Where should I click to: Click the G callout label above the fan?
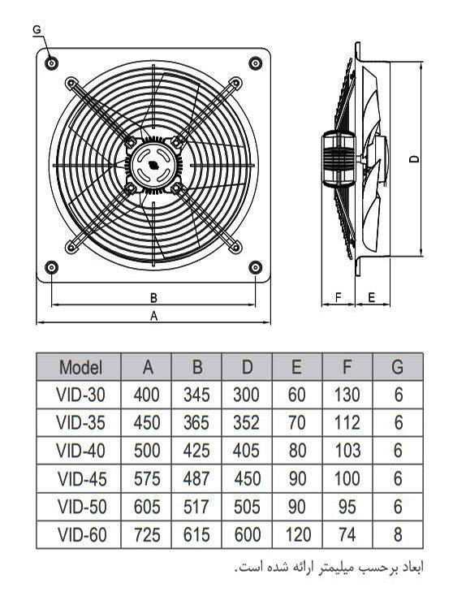point(37,29)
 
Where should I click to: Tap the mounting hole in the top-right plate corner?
point(255,63)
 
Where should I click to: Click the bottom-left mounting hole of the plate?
point(52,267)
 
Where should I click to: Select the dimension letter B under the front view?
point(153,298)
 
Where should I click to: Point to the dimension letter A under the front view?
point(153,316)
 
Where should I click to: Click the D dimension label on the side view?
point(415,159)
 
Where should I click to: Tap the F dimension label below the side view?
point(338,297)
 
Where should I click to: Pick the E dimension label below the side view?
point(372,297)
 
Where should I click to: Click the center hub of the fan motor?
point(153,165)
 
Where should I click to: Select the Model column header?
point(80,367)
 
